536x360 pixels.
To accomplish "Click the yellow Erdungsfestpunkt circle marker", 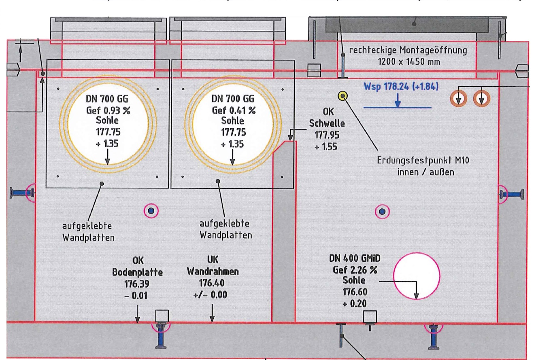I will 342,96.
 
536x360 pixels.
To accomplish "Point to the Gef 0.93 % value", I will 108,111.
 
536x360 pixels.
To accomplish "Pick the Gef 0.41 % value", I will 232,111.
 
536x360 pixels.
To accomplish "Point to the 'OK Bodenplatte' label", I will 137,267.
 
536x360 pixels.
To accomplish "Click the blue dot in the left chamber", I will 151,210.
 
